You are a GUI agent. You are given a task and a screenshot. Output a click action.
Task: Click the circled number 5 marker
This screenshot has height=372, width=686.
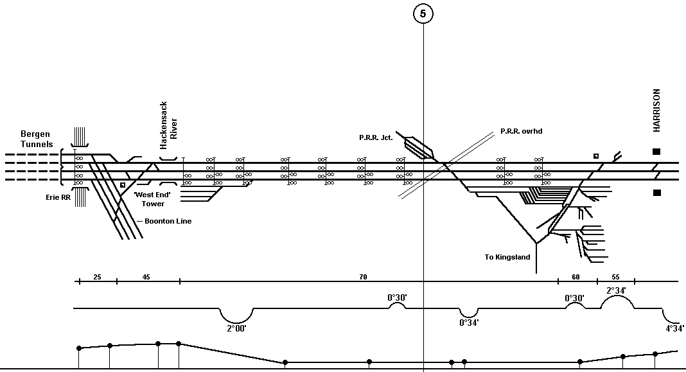pyautogui.click(x=423, y=13)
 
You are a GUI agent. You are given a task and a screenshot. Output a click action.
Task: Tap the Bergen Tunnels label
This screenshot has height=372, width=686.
pyautogui.click(x=37, y=139)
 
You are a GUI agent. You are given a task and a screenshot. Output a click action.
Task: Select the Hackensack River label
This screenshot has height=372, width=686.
pyautogui.click(x=168, y=125)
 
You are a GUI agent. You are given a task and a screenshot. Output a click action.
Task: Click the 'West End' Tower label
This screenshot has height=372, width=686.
pyautogui.click(x=152, y=199)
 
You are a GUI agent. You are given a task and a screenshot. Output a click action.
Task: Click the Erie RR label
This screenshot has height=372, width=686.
pyautogui.click(x=58, y=197)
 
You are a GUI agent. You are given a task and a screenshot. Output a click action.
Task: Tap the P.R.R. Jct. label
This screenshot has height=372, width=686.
pyautogui.click(x=376, y=137)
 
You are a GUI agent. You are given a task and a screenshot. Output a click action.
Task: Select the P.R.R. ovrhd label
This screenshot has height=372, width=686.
pyautogui.click(x=522, y=131)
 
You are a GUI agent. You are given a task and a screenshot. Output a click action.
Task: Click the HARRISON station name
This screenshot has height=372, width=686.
pyautogui.click(x=656, y=111)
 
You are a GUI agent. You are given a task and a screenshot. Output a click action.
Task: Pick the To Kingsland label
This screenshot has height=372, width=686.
pyautogui.click(x=507, y=257)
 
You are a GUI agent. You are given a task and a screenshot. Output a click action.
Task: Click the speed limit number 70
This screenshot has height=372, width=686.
pyautogui.click(x=363, y=277)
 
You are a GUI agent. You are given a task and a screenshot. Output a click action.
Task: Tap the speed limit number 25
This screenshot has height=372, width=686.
pyautogui.click(x=97, y=277)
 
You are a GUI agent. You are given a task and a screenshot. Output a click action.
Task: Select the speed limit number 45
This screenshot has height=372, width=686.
pyautogui.click(x=146, y=277)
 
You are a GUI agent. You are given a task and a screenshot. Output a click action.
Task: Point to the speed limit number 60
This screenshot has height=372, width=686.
pyautogui.click(x=576, y=277)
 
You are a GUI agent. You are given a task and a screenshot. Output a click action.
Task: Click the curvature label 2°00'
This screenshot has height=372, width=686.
pyautogui.click(x=236, y=328)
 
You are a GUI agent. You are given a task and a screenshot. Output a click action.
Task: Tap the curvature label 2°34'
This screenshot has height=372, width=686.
pyautogui.click(x=616, y=290)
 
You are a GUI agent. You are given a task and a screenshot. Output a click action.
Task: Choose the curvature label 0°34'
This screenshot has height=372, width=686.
pyautogui.click(x=469, y=323)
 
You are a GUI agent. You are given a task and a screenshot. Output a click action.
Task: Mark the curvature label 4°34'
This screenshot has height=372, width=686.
pyautogui.click(x=675, y=328)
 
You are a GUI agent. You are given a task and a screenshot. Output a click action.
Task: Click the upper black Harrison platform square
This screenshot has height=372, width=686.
pyautogui.click(x=656, y=152)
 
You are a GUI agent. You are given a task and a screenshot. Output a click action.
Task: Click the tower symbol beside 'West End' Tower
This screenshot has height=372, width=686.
pyautogui.click(x=123, y=185)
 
